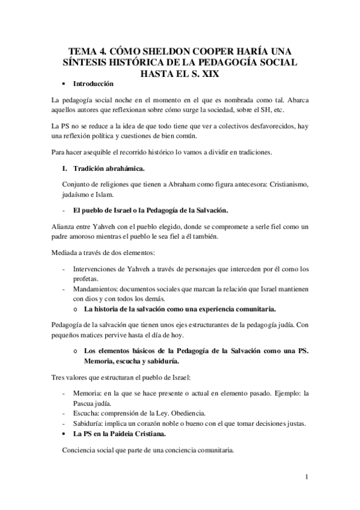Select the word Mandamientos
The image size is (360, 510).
pos(97,289)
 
